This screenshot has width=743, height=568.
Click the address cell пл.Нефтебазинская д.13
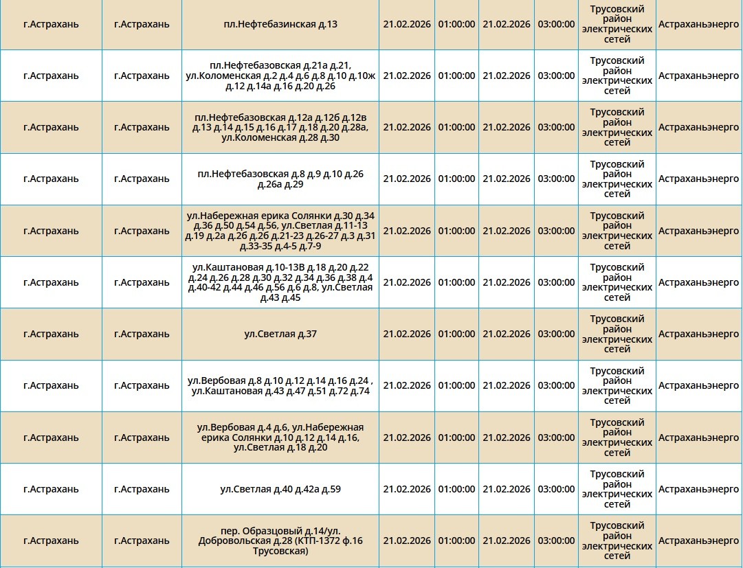(x=280, y=24)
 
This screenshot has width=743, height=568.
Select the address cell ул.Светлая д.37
(x=280, y=334)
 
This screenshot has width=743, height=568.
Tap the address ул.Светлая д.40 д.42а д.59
(x=280, y=490)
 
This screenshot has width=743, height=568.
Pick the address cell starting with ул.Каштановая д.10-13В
(x=280, y=282)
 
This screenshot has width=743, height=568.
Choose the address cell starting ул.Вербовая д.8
(x=280, y=386)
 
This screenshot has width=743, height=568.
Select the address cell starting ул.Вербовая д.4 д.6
(x=280, y=438)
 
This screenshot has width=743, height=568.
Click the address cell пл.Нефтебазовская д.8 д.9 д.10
(x=280, y=179)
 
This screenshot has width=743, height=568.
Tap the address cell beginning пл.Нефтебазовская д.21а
(x=280, y=76)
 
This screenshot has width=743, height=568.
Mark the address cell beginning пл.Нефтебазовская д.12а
(x=280, y=128)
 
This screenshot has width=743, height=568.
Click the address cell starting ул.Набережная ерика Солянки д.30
(x=280, y=231)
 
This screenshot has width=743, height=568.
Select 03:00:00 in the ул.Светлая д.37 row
(x=556, y=334)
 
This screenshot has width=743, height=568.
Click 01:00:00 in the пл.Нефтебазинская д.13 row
(x=456, y=24)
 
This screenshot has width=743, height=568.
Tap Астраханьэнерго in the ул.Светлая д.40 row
(x=698, y=490)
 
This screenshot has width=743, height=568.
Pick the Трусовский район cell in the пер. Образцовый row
(x=617, y=541)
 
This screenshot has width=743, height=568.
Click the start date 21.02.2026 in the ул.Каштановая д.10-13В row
(x=407, y=282)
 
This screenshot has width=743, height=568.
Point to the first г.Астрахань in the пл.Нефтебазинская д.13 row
(x=51, y=24)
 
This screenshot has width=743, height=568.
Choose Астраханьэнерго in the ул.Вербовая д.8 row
(x=698, y=386)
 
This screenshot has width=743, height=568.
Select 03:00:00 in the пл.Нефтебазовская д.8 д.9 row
(x=556, y=179)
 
